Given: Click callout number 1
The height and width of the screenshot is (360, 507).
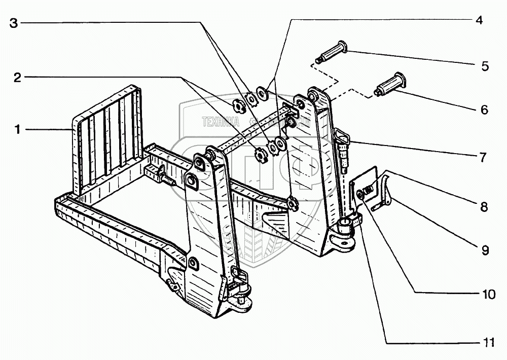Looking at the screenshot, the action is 17,130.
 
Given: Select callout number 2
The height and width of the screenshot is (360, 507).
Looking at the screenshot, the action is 17,78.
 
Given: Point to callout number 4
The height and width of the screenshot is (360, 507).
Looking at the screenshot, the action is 479,21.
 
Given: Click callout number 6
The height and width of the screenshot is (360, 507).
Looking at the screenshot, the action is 484,109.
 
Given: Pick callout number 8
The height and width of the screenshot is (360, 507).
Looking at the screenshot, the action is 484,206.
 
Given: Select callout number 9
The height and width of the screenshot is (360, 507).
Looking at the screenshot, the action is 484,250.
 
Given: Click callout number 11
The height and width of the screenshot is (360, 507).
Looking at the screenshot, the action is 488,342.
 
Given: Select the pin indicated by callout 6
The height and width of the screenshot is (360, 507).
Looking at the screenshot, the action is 389,84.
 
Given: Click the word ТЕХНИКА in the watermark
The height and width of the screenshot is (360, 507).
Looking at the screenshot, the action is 220,122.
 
